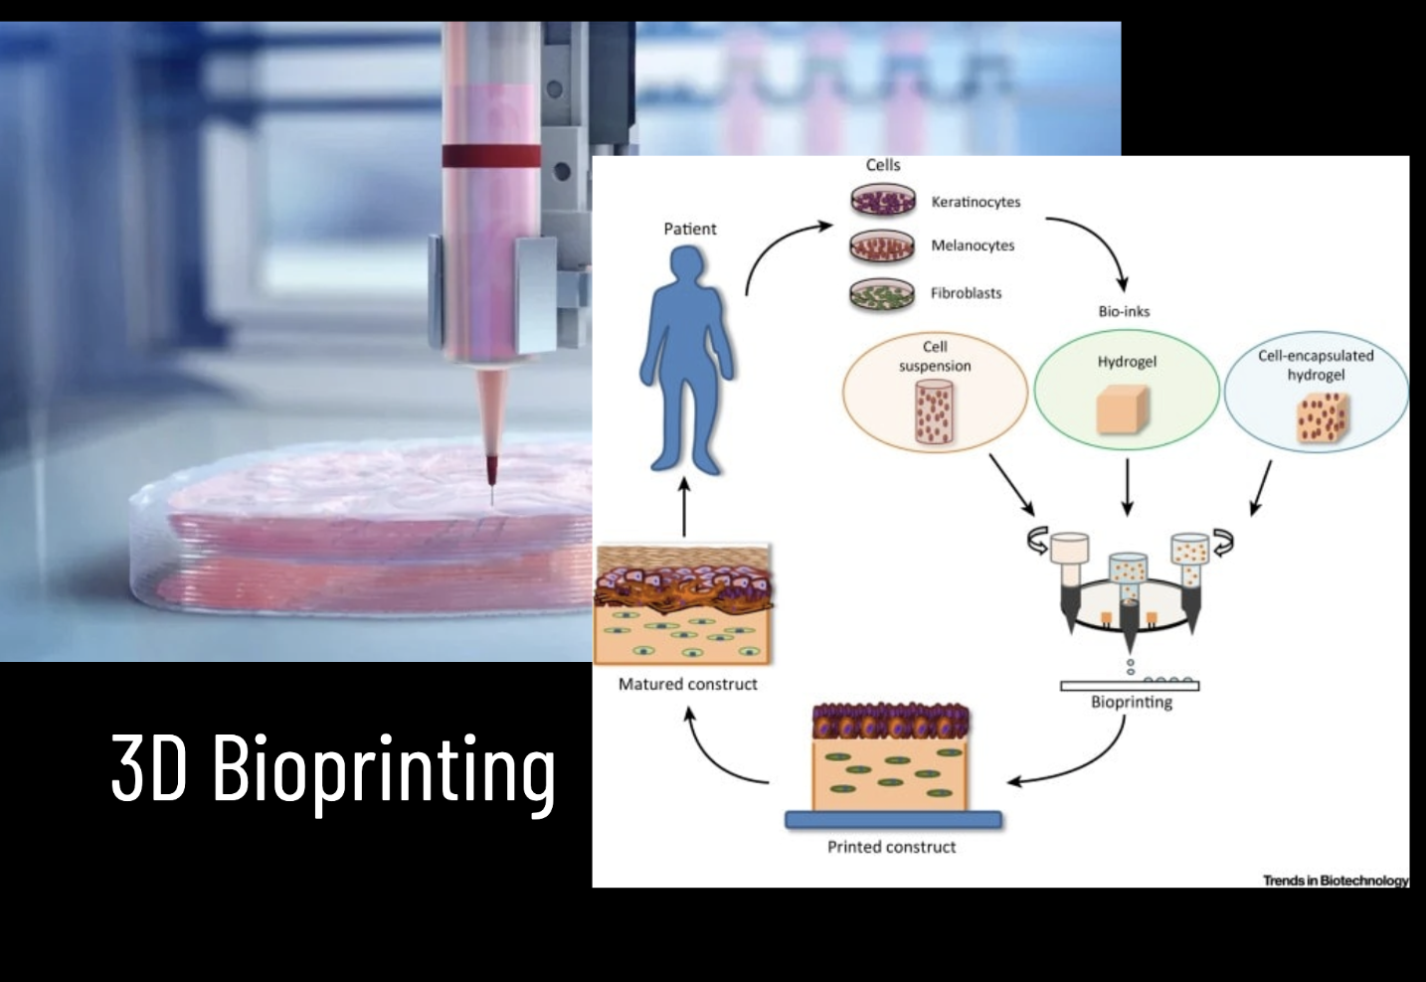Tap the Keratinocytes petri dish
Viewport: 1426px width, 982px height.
[882, 202]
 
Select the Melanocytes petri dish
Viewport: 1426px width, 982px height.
[882, 245]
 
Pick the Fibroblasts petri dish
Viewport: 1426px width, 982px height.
[882, 293]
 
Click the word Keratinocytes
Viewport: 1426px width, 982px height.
[976, 202]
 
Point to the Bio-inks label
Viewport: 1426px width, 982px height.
[1124, 311]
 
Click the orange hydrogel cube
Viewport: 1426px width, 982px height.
[1123, 409]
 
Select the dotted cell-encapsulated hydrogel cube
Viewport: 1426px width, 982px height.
[1322, 417]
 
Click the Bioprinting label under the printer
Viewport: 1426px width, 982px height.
[1131, 702]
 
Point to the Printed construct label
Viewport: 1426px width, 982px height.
[891, 847]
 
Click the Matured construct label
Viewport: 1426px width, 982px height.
[687, 684]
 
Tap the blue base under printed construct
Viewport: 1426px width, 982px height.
[893, 820]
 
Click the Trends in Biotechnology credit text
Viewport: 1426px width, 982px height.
[1336, 880]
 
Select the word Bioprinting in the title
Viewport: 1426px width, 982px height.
[384, 768]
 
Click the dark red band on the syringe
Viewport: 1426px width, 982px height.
[491, 155]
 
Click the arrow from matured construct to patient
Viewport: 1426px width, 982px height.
[684, 507]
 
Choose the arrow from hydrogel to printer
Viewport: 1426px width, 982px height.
[1127, 487]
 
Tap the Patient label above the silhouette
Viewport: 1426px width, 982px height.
[689, 229]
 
